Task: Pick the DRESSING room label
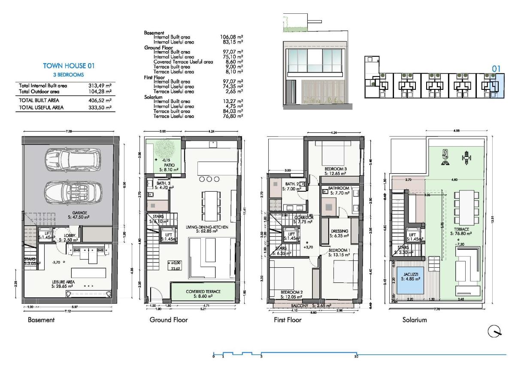[x=339, y=233]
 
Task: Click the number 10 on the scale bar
[x=356, y=356]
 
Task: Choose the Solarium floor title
[x=415, y=320]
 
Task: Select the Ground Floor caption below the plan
[x=168, y=320]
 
